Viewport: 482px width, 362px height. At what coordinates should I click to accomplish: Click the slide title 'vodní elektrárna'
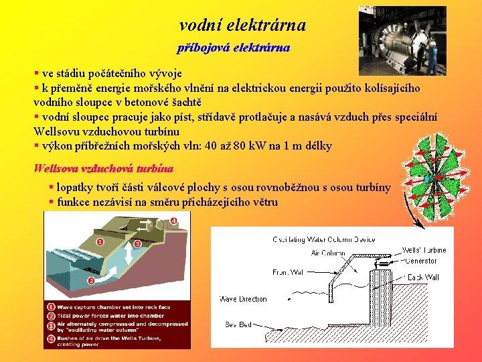coord(242,25)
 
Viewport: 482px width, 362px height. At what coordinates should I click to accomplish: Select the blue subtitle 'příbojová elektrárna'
coord(233,48)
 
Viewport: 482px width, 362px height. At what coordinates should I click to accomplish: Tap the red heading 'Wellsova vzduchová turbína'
coord(103,168)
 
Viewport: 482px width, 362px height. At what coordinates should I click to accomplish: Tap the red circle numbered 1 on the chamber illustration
coord(100,241)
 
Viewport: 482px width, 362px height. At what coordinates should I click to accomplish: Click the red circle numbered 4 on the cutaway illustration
coord(173,221)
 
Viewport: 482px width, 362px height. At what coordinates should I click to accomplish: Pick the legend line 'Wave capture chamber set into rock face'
coord(107,306)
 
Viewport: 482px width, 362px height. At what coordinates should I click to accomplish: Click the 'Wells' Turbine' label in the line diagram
coord(424,251)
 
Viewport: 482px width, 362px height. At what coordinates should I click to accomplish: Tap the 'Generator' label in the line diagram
coord(421,261)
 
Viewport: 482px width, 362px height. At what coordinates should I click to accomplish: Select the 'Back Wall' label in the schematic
coord(423,277)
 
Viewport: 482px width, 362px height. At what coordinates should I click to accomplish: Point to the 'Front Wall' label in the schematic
coord(289,273)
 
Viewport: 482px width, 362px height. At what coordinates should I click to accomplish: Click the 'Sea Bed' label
coord(238,324)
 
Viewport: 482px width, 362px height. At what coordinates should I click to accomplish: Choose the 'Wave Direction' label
coord(243,299)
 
